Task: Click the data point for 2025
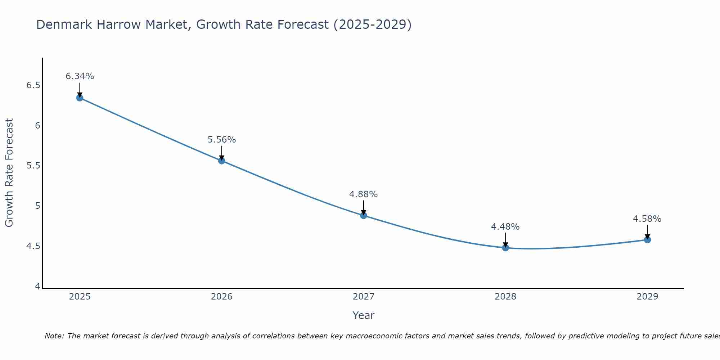tap(80, 98)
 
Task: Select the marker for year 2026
tap(222, 161)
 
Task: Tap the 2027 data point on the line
tap(364, 215)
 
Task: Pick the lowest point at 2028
tap(505, 248)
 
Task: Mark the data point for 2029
tap(647, 239)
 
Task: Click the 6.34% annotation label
tap(80, 76)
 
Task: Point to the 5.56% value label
tap(222, 140)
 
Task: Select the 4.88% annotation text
tap(364, 194)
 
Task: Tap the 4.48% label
tap(505, 227)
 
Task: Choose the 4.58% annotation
tap(647, 219)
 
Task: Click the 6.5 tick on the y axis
tap(33, 85)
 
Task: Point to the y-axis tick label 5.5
tap(33, 166)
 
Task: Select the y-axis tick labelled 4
tap(37, 287)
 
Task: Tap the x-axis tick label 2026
tap(222, 297)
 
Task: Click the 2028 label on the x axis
tap(505, 297)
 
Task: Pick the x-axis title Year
tap(364, 315)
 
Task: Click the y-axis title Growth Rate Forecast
tap(9, 172)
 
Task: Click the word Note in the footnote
tap(54, 336)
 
